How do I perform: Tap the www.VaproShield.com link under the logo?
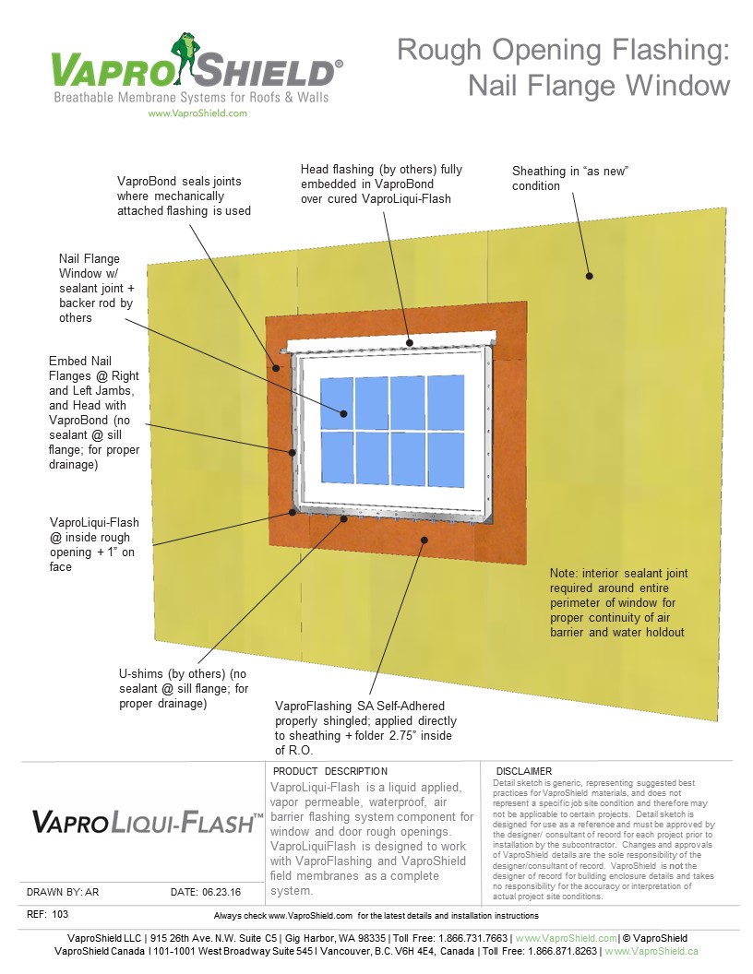[197, 113]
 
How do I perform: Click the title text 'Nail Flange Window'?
[599, 85]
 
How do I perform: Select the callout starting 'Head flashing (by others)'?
[381, 184]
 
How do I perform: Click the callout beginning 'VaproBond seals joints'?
[185, 196]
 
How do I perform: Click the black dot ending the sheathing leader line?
[589, 275]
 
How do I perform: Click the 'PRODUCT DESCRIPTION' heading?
[330, 771]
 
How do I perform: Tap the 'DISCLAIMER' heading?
[523, 771]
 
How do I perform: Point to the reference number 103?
[61, 915]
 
